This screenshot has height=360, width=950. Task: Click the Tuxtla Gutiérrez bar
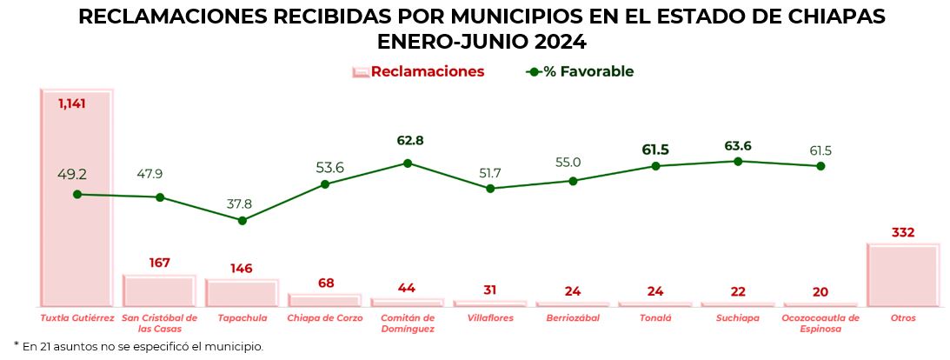click(76, 243)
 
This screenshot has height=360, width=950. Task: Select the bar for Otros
click(903, 276)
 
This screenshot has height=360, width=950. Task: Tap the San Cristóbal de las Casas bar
click(159, 291)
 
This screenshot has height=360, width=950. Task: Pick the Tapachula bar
click(242, 293)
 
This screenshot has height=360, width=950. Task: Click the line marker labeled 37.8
click(242, 220)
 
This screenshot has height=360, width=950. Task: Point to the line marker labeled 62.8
click(408, 163)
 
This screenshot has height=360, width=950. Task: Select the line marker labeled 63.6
click(738, 161)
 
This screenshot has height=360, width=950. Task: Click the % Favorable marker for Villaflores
click(490, 188)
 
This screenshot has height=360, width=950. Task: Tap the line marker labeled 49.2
click(77, 195)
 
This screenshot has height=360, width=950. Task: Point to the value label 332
click(903, 233)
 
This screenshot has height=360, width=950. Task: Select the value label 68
click(325, 283)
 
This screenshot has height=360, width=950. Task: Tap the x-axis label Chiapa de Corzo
click(325, 318)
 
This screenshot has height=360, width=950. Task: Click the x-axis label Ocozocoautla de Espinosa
click(820, 323)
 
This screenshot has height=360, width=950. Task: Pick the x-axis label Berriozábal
click(573, 318)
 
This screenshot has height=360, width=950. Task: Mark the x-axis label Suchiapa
click(738, 318)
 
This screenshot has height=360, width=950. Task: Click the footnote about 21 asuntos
click(139, 346)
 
